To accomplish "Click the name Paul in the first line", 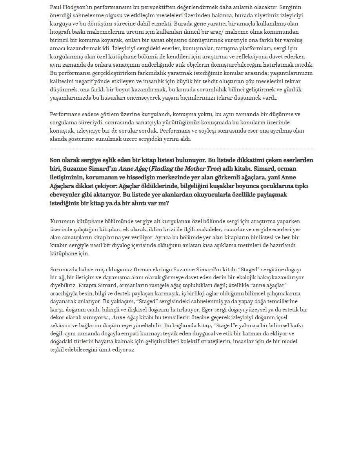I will point(56,7).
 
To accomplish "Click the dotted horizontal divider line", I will point(182,149).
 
